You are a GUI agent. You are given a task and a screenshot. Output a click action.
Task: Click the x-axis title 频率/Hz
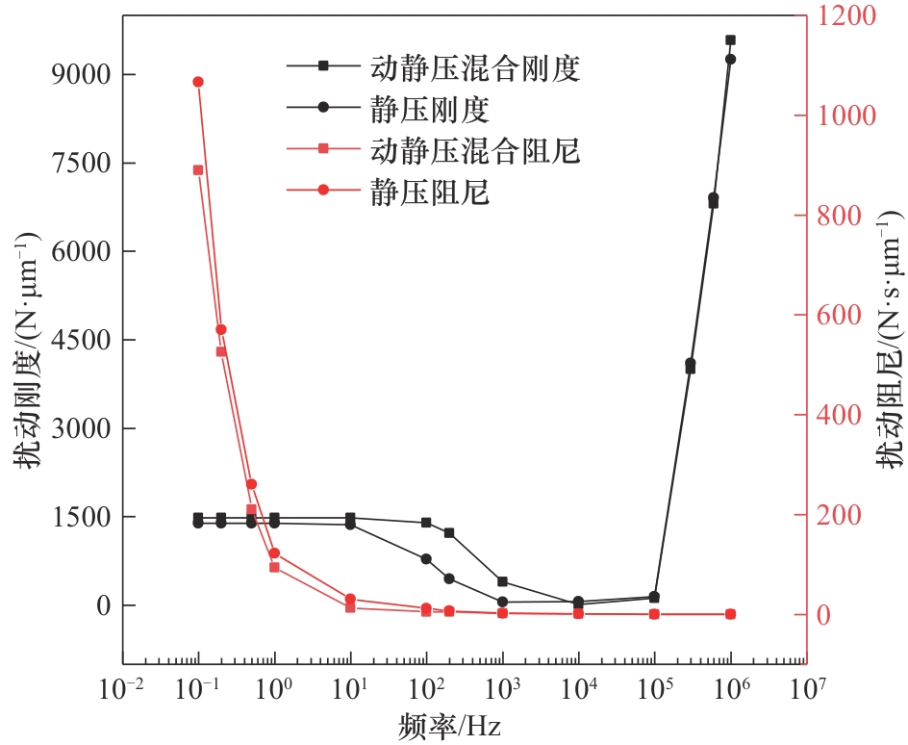click(449, 724)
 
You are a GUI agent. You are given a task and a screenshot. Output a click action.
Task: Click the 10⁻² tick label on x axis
click(122, 690)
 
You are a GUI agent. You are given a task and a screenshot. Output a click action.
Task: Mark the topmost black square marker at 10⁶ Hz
click(730, 40)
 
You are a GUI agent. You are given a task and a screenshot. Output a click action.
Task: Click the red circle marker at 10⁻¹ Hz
click(198, 82)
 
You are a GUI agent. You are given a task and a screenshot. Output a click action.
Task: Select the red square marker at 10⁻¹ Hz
click(198, 170)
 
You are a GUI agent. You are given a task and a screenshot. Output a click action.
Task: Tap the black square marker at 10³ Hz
click(502, 581)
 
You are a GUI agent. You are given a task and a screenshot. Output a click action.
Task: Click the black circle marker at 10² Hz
click(426, 559)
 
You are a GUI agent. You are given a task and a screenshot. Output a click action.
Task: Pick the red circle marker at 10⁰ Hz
click(274, 553)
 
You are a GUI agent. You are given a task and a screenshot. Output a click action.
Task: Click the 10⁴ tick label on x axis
click(577, 690)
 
